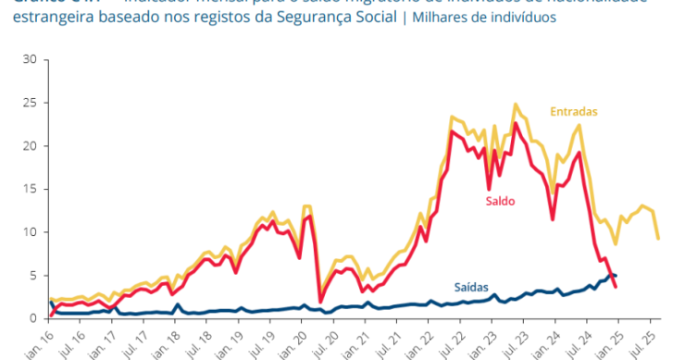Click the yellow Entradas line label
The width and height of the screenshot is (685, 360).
[x=575, y=112]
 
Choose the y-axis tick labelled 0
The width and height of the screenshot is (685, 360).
[x=32, y=318]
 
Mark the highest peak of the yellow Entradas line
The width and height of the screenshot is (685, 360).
[x=516, y=104]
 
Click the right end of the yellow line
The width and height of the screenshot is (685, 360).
[x=658, y=239]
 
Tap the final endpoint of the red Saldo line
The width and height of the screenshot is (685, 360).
[x=616, y=287]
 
